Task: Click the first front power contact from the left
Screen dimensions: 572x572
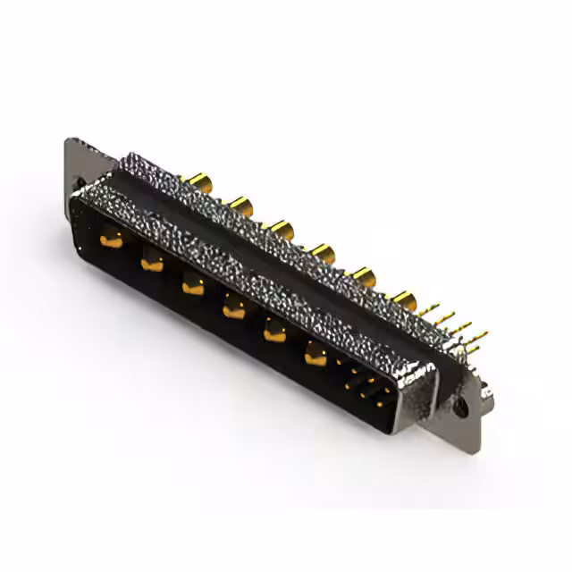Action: (111, 239)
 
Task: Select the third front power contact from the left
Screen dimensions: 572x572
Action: (192, 285)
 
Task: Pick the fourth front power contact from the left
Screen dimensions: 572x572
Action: (232, 309)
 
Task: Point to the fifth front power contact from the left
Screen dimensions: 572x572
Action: (273, 332)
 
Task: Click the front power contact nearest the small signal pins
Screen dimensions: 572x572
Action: (315, 356)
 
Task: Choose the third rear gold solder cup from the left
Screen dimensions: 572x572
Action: (282, 230)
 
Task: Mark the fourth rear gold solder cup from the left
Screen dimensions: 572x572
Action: (323, 253)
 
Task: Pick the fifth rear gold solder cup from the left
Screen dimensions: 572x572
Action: (363, 273)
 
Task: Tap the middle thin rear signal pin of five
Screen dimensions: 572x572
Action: (458, 326)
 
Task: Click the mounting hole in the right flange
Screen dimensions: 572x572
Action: (461, 407)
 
